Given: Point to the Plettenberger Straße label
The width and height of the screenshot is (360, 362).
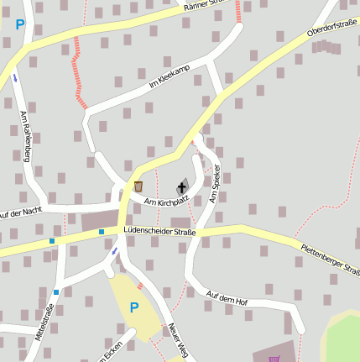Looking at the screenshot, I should point(331,258).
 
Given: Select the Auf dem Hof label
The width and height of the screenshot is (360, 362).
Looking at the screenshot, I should point(227,297).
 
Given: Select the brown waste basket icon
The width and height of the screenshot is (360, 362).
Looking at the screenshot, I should point(138,186).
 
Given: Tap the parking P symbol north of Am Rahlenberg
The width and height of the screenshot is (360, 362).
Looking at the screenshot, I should point(20,25).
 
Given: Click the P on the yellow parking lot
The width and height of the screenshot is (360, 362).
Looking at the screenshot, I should point(133,307).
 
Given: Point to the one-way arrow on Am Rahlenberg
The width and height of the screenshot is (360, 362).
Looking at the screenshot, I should point(15,78).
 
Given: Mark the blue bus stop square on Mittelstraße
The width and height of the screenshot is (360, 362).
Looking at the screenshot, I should point(56,292).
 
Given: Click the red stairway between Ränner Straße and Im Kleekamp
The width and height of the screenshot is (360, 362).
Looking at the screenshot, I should point(78,67).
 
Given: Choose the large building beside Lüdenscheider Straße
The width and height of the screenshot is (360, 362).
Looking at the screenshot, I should point(100,221).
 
